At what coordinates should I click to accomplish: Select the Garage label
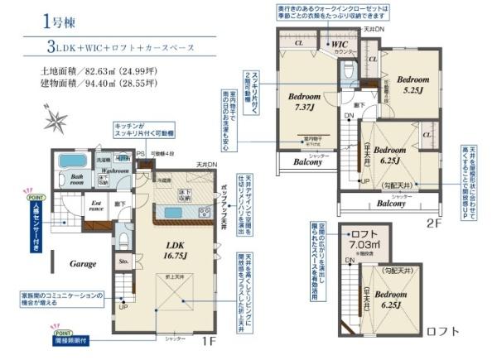(x=83, y=263)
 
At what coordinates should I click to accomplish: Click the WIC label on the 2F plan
(x=340, y=44)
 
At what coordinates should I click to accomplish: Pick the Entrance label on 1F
(x=95, y=204)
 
